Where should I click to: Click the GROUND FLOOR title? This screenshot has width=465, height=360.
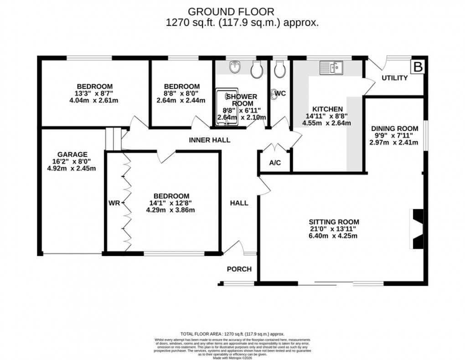tap(232, 11)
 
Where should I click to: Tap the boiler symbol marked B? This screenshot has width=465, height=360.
tap(418, 67)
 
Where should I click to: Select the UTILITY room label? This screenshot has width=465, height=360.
tap(394, 78)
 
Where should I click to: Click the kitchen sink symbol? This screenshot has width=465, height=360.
tap(331, 68)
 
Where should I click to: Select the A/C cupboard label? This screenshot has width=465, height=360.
tap(275, 162)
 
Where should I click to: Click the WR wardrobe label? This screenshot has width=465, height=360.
tap(114, 203)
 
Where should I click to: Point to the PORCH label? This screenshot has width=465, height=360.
tap(239, 269)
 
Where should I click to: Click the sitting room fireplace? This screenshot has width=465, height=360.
tap(417, 229)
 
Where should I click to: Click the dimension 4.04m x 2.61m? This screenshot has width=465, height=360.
tap(94, 100)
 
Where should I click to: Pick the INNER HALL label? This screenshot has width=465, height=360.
tap(210, 140)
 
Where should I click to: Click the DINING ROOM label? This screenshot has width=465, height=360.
tap(393, 128)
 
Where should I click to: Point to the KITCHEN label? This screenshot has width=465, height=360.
tap(327, 109)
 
